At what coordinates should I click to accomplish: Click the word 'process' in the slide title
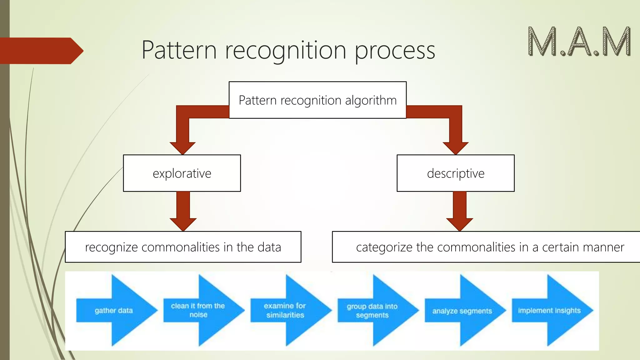coord(395,51)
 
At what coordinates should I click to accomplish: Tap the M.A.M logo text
coord(579,42)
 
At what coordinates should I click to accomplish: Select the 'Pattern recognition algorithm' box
coord(317,100)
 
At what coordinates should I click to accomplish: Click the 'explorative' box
coord(182,173)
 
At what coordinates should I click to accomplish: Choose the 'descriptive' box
coord(455,173)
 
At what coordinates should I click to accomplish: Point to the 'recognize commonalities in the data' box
coord(183,247)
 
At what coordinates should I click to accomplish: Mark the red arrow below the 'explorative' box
coord(183,212)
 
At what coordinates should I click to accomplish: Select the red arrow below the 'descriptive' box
coord(459,212)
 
